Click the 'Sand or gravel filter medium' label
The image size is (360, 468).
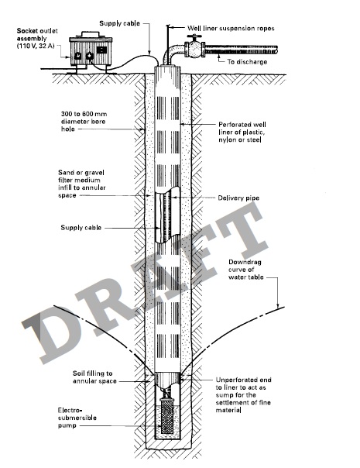87,184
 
